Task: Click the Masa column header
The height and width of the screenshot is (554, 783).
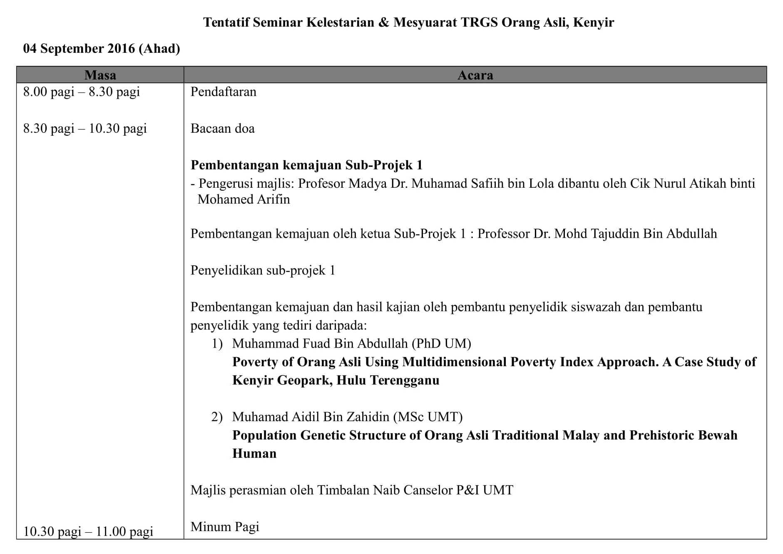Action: tap(100, 75)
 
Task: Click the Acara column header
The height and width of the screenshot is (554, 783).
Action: tap(475, 75)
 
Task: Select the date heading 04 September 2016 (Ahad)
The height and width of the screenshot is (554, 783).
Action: tap(102, 49)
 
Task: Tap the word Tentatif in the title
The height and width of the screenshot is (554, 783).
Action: tap(226, 22)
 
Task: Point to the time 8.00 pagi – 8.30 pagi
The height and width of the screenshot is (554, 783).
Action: tap(82, 92)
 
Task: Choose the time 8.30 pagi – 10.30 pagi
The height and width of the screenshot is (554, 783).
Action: tap(85, 129)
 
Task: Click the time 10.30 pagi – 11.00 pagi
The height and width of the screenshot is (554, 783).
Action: tap(88, 532)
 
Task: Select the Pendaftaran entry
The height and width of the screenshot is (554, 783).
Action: tap(223, 92)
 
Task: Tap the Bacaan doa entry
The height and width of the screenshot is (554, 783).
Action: tap(222, 129)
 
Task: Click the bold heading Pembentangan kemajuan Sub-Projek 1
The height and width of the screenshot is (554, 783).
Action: tap(306, 165)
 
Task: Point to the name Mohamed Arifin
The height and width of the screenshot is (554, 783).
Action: tap(244, 199)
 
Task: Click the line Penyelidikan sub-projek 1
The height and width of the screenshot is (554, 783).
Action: tap(263, 271)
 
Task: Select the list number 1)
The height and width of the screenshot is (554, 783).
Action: tap(217, 344)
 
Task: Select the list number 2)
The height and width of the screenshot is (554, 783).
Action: tap(217, 417)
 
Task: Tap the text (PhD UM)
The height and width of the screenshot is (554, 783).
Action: tap(441, 344)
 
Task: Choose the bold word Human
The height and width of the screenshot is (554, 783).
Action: tap(254, 454)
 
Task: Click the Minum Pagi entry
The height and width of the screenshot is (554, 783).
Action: tap(225, 527)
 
